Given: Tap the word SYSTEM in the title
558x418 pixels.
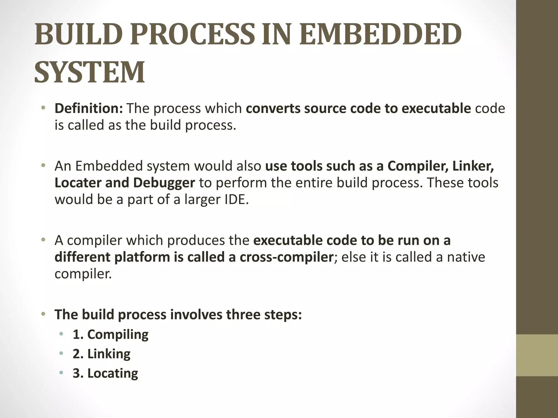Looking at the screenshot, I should [90, 72].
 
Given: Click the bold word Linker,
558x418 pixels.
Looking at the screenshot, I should [473, 166].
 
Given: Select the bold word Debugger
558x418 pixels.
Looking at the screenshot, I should [164, 183].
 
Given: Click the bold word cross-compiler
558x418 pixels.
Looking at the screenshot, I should [286, 257].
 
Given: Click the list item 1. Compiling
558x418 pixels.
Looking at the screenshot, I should [111, 334].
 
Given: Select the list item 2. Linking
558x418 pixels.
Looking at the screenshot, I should [102, 354].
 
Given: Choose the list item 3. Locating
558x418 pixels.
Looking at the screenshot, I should [105, 373].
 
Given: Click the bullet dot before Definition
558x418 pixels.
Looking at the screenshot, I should [43, 108].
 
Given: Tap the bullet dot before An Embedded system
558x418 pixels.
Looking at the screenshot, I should [43, 166].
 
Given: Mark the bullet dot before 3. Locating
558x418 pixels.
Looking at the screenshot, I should [61, 373].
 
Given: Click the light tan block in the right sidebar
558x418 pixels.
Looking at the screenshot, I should [537, 355].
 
